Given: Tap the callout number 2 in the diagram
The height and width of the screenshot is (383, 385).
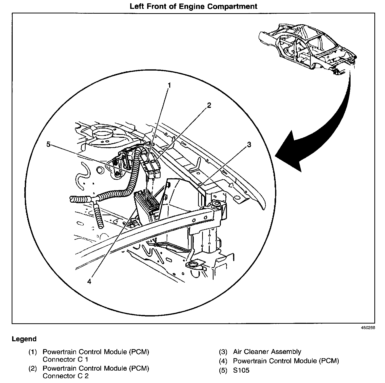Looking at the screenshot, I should (209, 105).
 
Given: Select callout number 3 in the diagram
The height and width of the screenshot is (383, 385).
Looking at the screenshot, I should (249, 144).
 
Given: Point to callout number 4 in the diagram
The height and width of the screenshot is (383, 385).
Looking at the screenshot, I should (89, 281).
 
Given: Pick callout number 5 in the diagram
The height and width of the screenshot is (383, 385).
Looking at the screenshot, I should (49, 144).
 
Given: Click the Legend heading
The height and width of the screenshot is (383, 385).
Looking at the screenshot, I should (24, 339).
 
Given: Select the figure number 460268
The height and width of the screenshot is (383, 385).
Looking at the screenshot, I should (368, 328).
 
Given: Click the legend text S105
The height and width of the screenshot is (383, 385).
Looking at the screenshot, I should (241, 370).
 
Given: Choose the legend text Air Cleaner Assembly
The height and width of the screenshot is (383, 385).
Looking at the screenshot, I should (267, 352).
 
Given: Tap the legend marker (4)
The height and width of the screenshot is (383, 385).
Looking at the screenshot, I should (223, 361).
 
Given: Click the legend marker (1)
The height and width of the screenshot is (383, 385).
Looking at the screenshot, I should (33, 352).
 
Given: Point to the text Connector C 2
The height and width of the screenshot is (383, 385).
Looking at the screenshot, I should (66, 376).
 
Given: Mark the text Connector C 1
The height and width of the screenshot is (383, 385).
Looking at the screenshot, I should (66, 359).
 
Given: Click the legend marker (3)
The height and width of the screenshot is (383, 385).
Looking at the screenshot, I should (223, 352).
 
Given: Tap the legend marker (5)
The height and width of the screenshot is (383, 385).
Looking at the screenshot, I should (223, 370).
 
